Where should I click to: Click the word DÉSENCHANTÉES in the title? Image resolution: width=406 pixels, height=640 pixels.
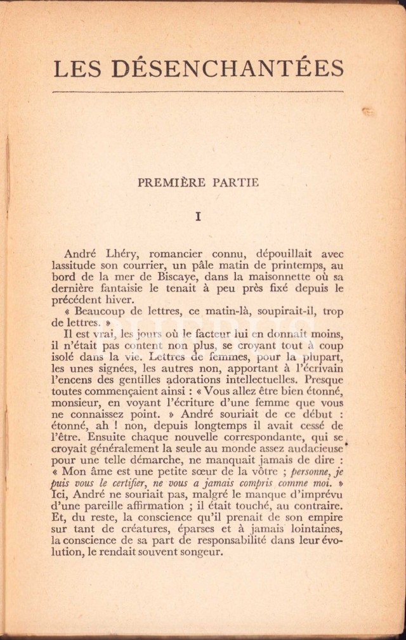235,68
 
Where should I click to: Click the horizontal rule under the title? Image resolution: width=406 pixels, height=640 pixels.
198,93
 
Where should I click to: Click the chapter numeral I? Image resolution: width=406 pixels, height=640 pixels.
198,216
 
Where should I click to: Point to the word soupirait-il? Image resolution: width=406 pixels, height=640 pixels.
279,311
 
